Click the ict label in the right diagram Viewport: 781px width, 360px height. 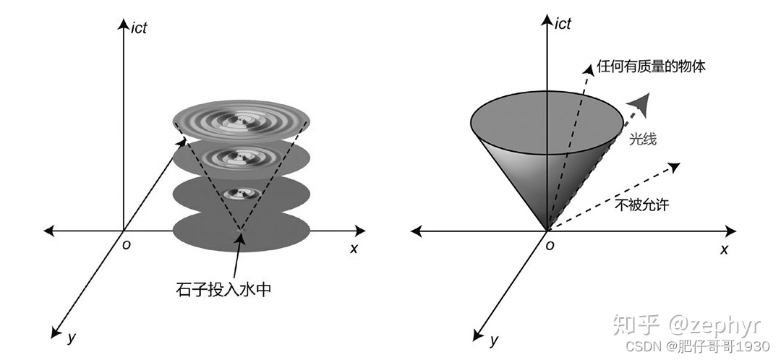click(562, 24)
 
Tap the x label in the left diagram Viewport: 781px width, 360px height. click(354, 248)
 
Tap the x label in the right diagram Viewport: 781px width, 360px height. click(724, 248)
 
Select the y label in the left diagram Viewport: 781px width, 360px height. click(71, 337)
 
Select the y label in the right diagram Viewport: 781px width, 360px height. click(494, 338)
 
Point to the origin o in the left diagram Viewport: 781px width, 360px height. click(127, 245)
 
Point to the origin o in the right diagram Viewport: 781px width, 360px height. click(550, 245)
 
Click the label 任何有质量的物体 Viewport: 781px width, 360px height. click(651, 67)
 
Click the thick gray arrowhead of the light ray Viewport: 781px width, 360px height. click(639, 100)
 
